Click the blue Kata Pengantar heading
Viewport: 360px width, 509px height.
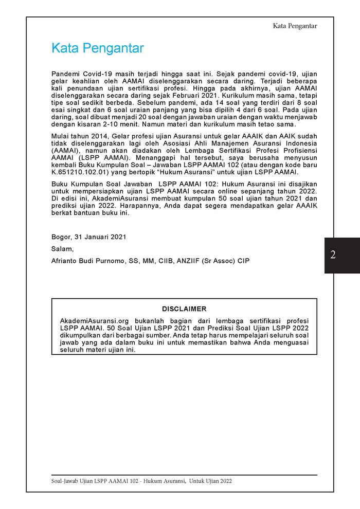(x=97, y=48)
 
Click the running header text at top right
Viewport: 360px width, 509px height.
(x=295, y=26)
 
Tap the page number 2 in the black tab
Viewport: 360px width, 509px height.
(x=333, y=255)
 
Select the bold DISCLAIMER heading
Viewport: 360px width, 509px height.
(x=184, y=309)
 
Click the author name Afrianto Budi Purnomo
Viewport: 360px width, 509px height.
(x=87, y=261)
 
